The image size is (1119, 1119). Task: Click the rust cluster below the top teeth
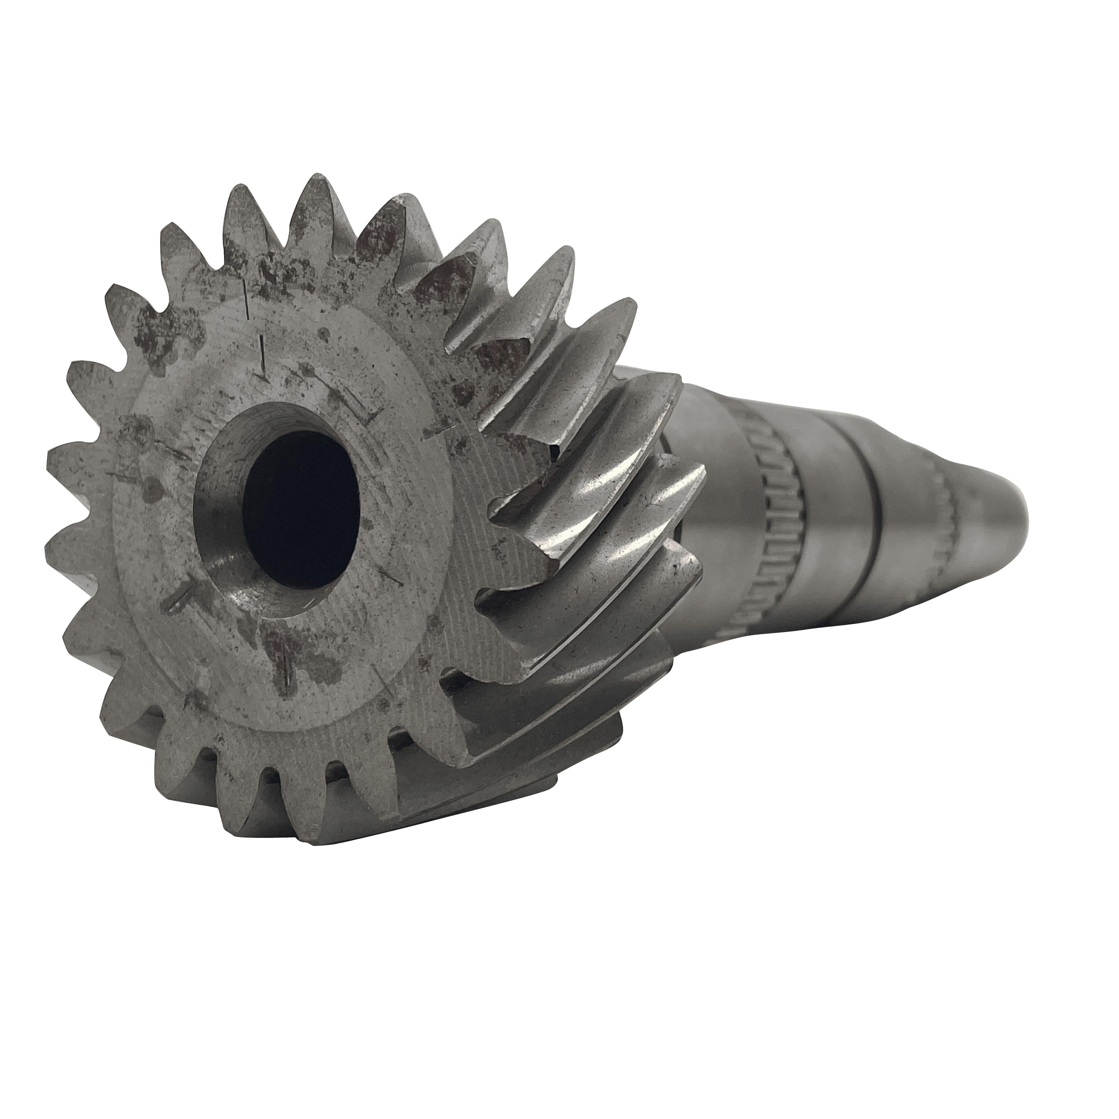(272, 272)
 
